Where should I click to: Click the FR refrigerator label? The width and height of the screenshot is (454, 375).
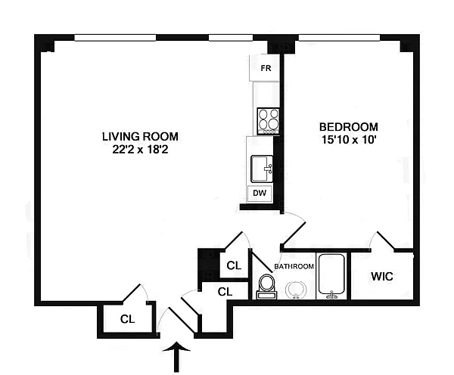(266, 68)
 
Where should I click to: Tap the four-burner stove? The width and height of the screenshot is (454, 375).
(269, 121)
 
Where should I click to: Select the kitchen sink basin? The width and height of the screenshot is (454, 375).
(262, 169)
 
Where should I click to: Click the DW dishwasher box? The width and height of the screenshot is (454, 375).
(260, 194)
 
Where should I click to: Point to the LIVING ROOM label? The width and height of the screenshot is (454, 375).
(140, 137)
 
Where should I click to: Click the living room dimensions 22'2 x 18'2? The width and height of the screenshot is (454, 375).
(140, 150)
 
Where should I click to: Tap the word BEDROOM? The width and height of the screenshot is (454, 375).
(349, 127)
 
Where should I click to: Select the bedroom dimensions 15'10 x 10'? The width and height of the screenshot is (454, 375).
(349, 140)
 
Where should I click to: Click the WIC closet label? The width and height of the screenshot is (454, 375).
(382, 277)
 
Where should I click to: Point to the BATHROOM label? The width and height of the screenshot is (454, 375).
(294, 266)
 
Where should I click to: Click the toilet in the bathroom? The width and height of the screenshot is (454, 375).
(266, 287)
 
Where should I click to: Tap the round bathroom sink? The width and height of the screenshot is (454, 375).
(296, 290)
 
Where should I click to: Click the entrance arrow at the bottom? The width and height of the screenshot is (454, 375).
(176, 357)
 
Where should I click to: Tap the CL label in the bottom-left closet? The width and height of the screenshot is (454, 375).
(127, 319)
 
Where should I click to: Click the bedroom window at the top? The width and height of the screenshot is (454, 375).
(339, 38)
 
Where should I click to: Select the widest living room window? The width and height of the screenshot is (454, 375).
(115, 38)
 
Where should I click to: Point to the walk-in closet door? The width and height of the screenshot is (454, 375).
(385, 240)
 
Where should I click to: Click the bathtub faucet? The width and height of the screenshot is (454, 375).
(331, 296)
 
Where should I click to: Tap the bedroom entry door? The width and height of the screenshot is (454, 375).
(294, 233)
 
